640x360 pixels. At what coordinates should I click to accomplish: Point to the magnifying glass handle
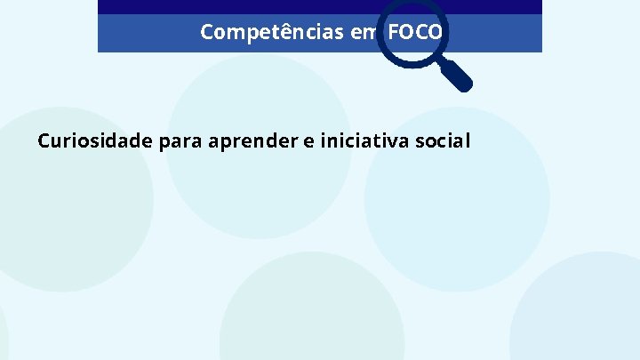coord(456,76)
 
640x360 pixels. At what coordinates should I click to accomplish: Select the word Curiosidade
coord(97,140)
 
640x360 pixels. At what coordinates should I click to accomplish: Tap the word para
coord(182,140)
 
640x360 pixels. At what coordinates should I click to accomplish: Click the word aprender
coord(254,140)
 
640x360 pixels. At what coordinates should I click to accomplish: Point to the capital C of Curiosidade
coord(44,140)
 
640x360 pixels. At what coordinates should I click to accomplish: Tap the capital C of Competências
coord(207,33)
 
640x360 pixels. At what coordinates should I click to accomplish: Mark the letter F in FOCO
coord(394,33)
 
